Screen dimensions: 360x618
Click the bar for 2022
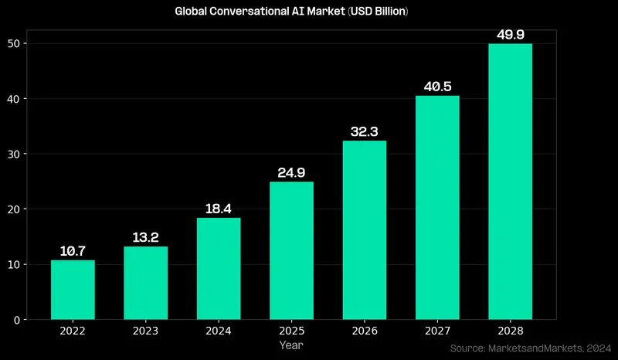[x=73, y=290]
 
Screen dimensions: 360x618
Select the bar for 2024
[x=219, y=269]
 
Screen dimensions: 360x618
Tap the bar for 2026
[x=364, y=230]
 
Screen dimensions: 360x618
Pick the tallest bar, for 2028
[x=510, y=182]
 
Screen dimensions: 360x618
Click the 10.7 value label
[x=73, y=251]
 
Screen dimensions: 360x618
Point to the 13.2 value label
[x=146, y=237]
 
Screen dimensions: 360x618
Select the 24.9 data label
[x=291, y=172]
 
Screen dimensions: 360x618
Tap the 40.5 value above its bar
[x=437, y=87]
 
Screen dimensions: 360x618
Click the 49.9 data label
[x=510, y=34]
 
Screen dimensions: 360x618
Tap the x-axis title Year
[x=291, y=345]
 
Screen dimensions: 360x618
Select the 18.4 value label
[x=219, y=209]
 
